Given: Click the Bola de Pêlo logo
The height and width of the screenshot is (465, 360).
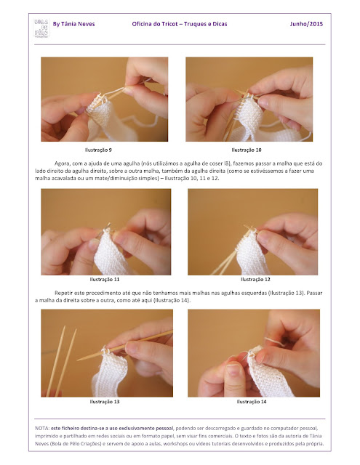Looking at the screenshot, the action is click(41, 28).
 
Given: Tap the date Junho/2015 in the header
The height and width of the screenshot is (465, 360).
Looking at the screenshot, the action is click(306, 24).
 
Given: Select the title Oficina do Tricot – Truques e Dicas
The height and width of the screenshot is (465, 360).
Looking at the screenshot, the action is click(180, 24).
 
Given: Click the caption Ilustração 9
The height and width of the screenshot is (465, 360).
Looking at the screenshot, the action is click(98, 150).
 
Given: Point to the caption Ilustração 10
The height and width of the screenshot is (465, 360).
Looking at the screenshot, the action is click(247, 150).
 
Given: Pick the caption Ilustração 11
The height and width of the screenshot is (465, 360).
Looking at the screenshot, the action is click(105, 279).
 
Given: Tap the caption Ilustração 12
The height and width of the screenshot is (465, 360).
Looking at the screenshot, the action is click(255, 279).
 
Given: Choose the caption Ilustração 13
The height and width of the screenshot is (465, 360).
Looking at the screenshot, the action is click(105, 402).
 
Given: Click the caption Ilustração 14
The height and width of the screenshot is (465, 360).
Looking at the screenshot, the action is click(252, 402).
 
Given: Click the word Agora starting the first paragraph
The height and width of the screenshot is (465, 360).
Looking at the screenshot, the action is click(61, 163).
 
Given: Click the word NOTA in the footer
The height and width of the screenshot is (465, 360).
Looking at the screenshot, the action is click(42, 428).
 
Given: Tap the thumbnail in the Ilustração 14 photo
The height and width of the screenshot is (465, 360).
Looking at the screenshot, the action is click(234, 370).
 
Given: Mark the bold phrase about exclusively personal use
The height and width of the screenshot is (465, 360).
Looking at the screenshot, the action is click(111, 428).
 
